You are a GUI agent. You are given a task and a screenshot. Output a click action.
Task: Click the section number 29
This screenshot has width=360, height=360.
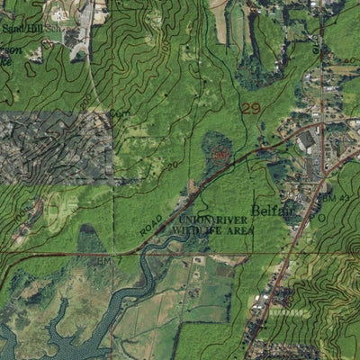pyautogui.click(x=253, y=108)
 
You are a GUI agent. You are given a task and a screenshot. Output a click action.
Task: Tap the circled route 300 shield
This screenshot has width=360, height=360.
pyautogui.click(x=221, y=155)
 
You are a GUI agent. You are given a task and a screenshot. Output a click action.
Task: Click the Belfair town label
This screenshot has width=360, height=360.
pyautogui.click(x=268, y=210)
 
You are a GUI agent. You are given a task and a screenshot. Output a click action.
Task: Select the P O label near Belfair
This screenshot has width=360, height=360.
pyautogui.click(x=316, y=217)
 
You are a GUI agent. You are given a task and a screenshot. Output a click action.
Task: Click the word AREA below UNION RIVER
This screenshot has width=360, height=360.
pyautogui.click(x=238, y=230)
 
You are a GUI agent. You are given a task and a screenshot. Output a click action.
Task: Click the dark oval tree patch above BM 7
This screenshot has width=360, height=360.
pyautogui.click(x=90, y=239)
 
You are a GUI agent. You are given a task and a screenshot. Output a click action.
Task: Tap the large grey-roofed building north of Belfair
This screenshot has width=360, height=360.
pyautogui.click(x=306, y=140)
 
